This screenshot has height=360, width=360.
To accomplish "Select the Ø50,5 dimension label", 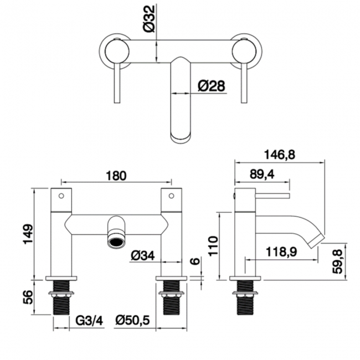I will pos(133,320).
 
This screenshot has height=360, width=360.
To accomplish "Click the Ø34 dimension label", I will pos(143,255).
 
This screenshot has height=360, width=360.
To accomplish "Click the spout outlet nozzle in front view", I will pos(116,240).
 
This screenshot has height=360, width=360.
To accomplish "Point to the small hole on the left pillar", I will pos(61,196).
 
